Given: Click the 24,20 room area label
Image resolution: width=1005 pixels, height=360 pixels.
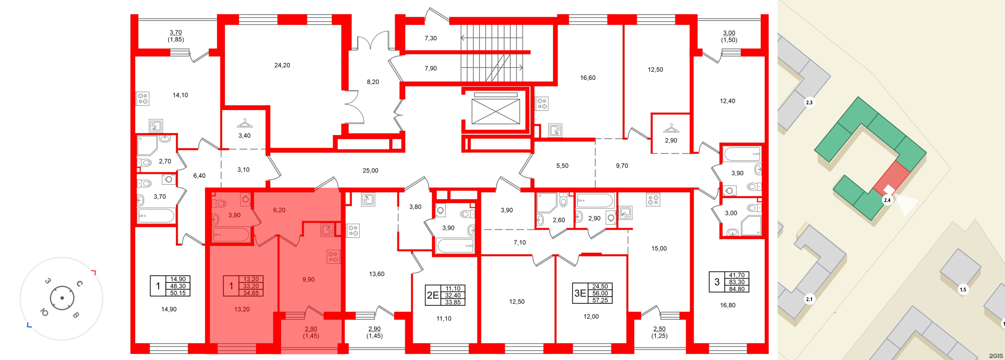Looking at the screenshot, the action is tap(282, 65).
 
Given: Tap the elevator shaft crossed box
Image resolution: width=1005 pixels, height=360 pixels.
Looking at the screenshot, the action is tap(495, 111).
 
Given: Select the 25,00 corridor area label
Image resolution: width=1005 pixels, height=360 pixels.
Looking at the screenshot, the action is tap(370, 170).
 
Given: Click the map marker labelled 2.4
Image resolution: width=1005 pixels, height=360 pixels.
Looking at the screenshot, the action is tap(887, 200).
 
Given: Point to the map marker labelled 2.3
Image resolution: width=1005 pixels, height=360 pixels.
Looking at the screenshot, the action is tap(809, 102).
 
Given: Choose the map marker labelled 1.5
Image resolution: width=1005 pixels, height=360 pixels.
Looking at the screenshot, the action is tap(963, 290).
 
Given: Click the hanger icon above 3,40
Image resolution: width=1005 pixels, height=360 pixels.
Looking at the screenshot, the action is tap(244, 123).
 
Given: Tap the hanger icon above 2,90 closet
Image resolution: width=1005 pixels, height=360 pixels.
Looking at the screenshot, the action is tap(671, 128).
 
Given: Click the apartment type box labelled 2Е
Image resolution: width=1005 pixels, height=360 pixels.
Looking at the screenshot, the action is tap(433, 295).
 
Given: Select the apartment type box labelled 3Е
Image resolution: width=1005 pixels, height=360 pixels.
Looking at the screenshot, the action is tap(580, 293).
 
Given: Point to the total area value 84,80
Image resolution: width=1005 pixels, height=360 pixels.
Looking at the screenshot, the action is tap(737, 289).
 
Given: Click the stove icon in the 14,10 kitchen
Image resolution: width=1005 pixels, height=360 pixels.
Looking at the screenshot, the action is tap(142, 99).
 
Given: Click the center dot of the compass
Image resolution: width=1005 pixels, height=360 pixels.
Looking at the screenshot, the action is tap(62, 299).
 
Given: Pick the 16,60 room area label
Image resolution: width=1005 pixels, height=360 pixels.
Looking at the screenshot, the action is tap(587, 78).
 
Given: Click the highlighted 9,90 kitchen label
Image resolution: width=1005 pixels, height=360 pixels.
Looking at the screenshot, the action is tap(308, 279).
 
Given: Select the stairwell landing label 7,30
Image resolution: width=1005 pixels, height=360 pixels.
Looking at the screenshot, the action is tap(431, 38).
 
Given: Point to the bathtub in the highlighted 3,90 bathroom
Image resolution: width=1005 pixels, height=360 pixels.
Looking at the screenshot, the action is tap(231, 235).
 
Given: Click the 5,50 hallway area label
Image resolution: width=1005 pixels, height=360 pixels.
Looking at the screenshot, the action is tap(562, 166).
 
